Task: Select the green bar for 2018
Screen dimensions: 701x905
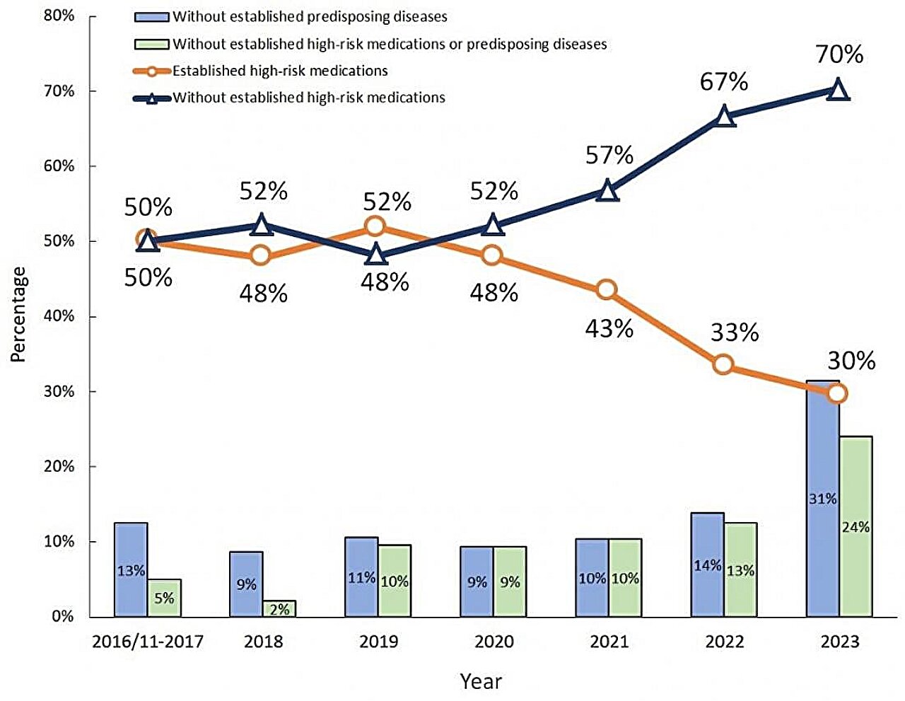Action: coord(279,608)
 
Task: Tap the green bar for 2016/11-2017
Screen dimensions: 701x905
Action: coord(164,598)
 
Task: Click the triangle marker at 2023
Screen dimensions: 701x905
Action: coord(838,90)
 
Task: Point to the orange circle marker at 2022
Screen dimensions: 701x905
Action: coord(723,364)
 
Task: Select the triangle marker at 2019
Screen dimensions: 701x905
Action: coord(376,255)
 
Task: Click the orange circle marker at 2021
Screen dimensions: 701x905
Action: coord(607,289)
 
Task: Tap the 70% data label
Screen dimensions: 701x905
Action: coord(839,54)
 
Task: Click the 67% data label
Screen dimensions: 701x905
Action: coord(724,82)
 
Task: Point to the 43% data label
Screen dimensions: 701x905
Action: coord(609,328)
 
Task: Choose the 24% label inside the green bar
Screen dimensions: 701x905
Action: coord(856,527)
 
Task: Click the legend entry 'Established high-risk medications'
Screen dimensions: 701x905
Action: coord(280,71)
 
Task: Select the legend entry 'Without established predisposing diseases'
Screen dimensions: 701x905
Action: coord(310,16)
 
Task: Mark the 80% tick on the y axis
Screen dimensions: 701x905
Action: coord(59,16)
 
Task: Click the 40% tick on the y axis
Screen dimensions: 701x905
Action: coord(59,316)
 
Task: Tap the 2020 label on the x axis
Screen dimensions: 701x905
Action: coord(494,642)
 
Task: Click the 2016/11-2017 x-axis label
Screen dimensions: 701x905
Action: coord(148,642)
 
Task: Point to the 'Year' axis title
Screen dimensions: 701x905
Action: coord(481,681)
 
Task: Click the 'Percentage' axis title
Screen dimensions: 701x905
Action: coord(18,315)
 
